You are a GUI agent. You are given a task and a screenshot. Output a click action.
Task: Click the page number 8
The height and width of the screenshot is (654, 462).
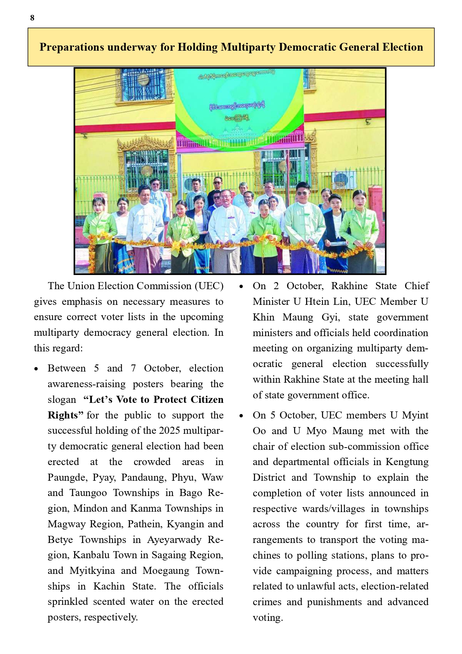(32, 18)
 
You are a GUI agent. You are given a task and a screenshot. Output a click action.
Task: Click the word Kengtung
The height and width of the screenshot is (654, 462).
(407, 462)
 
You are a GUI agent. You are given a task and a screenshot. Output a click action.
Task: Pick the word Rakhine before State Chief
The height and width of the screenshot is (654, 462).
(349, 286)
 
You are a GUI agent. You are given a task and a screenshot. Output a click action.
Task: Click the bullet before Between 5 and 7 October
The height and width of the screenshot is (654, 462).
(36, 369)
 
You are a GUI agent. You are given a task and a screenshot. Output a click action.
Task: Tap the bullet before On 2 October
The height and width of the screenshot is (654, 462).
(241, 287)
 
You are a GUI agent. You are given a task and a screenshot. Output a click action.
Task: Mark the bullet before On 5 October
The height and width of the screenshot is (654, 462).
(241, 416)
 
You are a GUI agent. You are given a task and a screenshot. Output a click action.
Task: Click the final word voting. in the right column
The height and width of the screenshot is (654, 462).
(268, 617)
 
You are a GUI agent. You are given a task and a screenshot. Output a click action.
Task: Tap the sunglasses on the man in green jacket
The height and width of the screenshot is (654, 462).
(302, 193)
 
